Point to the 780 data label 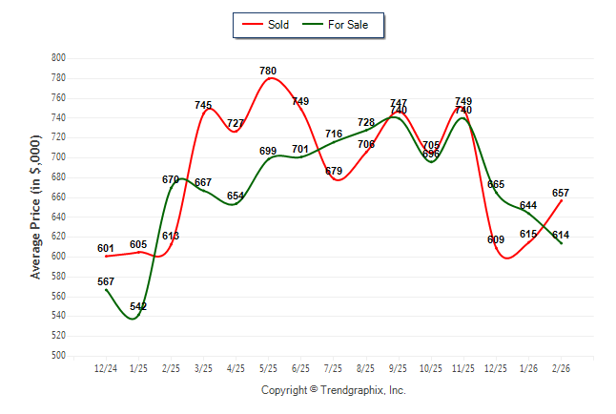pyautogui.click(x=269, y=71)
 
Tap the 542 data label pyautogui.click(x=138, y=306)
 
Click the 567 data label pyautogui.click(x=106, y=281)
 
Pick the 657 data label pyautogui.click(x=561, y=193)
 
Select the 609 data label pyautogui.click(x=495, y=239)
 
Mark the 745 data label pyautogui.click(x=203, y=105)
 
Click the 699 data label pyautogui.click(x=268, y=151)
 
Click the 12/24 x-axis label pyautogui.click(x=106, y=368)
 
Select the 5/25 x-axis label pyautogui.click(x=268, y=368)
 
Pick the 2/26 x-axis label pyautogui.click(x=561, y=368)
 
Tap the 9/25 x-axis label pyautogui.click(x=398, y=368)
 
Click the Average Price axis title pyautogui.click(x=36, y=205)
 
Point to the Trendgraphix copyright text pyautogui.click(x=334, y=390)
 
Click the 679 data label pyautogui.click(x=334, y=171)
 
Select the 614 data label pyautogui.click(x=561, y=235)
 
